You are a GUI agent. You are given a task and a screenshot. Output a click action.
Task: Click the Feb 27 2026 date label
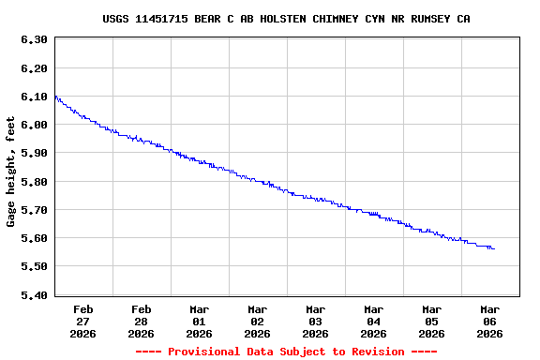(x=83, y=321)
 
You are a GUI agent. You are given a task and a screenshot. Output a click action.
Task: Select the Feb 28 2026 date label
(x=142, y=321)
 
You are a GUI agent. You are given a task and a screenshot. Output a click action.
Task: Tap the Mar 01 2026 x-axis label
(x=200, y=321)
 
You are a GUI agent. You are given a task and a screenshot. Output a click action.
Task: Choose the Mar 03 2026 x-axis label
(x=316, y=321)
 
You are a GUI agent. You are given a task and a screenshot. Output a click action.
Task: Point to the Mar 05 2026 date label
(x=432, y=321)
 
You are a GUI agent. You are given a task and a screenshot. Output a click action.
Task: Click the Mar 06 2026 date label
(x=490, y=321)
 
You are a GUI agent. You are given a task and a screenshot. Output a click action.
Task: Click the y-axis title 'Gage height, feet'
(x=11, y=172)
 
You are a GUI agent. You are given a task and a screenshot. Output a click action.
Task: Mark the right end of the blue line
(x=494, y=248)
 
